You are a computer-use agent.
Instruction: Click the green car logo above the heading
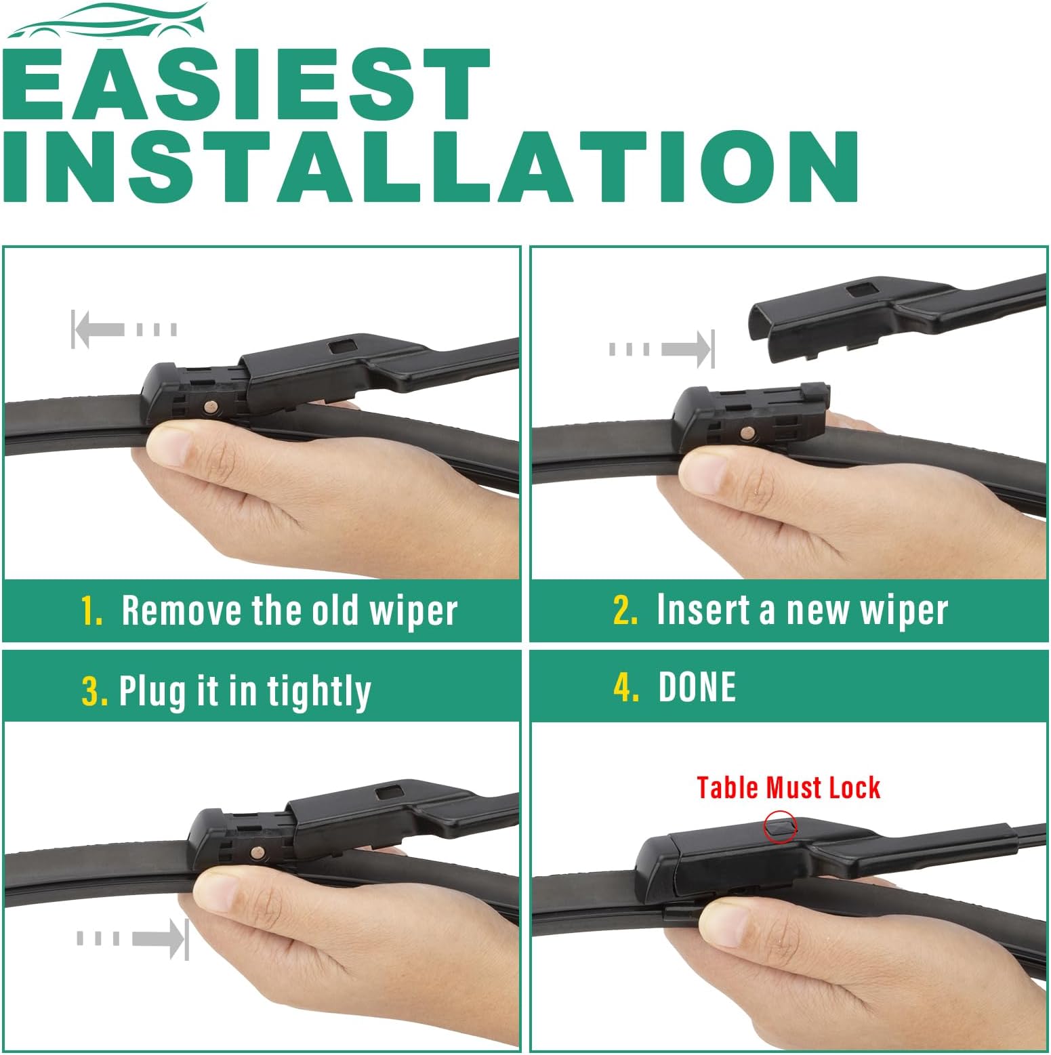point(108,20)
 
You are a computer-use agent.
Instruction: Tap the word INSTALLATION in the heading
point(431,166)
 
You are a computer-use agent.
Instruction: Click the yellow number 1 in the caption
point(91,611)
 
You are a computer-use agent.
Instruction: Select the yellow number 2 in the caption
point(625,610)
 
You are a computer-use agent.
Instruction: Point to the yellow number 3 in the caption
point(94,691)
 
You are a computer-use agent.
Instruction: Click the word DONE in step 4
point(697,687)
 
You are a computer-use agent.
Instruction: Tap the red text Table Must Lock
point(788,788)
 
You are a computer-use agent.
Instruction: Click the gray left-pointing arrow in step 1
point(124,329)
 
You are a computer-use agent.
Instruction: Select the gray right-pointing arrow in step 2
point(661,350)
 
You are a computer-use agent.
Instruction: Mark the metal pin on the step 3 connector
point(257,852)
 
